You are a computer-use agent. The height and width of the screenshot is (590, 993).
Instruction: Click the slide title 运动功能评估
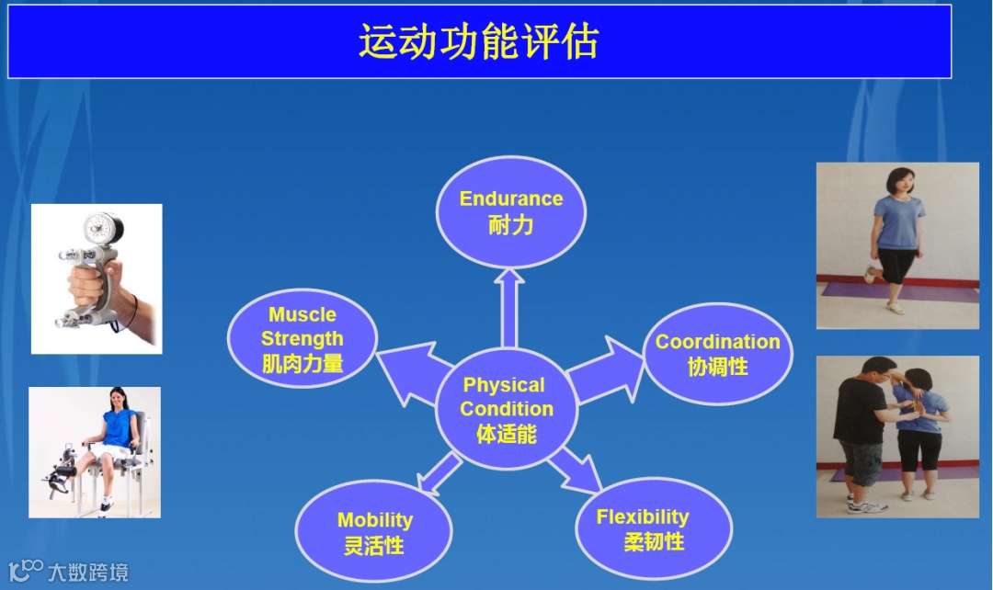coord(478,42)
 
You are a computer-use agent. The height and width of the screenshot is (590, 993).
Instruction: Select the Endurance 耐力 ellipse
coord(510,212)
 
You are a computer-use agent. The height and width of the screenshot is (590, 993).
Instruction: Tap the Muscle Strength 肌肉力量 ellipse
coord(302,339)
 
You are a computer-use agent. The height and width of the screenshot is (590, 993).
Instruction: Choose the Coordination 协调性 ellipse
coord(717,354)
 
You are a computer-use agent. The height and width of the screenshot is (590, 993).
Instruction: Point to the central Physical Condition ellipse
coord(507,409)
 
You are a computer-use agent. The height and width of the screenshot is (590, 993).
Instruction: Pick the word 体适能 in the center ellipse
coord(507,434)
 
